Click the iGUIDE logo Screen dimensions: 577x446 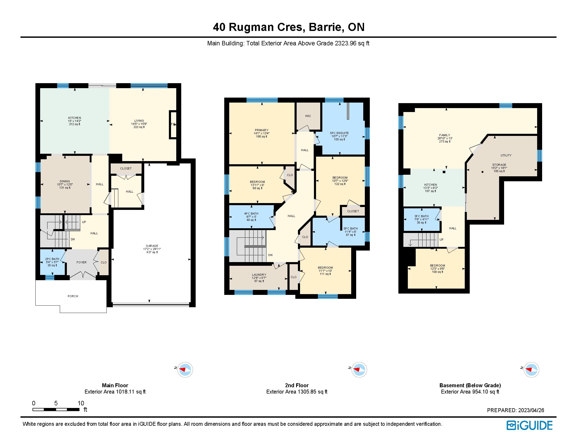pos(530,425)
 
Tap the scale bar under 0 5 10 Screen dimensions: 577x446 pos(56,410)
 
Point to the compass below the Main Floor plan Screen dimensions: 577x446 pos(185,369)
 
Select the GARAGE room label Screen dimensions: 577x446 pos(152,246)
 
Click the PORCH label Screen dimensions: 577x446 pos(73,296)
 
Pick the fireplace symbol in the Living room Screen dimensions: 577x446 pos(173,124)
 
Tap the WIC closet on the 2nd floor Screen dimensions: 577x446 pos(308,116)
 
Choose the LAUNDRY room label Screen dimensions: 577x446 pos(259,275)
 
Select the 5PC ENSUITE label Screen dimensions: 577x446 pos(339,133)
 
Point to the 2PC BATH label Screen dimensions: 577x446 pos(52,259)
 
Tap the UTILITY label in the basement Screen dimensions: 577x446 pos(506,155)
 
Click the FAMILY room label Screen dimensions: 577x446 pos(445,135)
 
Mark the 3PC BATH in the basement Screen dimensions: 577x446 pos(422,220)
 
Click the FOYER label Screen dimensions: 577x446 pos(81,262)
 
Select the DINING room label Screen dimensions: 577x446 pos(65,182)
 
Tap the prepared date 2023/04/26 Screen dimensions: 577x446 pos(531,410)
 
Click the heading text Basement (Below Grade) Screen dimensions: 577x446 pos(470,385)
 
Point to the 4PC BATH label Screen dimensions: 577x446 pos(251,214)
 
